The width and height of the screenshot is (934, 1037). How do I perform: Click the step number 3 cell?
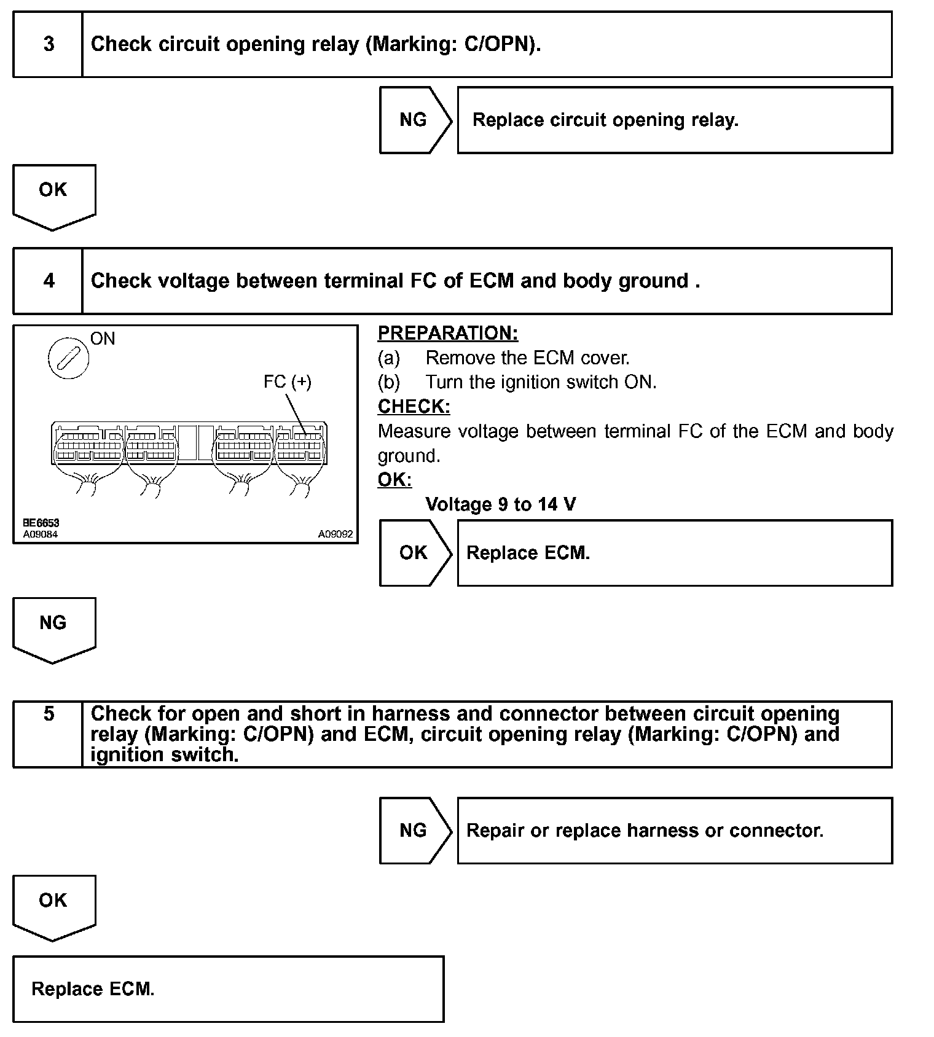(x=48, y=44)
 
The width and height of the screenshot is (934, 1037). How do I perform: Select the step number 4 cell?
(x=48, y=281)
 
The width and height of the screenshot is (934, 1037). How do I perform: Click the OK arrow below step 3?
(x=53, y=195)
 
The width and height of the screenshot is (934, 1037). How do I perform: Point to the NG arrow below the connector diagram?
(x=53, y=628)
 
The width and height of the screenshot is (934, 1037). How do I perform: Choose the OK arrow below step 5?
(x=53, y=906)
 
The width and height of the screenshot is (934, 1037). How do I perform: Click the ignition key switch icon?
(x=68, y=358)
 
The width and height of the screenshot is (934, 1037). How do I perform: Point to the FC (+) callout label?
(x=287, y=382)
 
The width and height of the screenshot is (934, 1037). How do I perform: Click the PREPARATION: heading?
(x=447, y=334)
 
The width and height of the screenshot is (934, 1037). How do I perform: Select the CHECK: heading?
(x=414, y=407)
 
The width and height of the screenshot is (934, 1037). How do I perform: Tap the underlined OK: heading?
(x=394, y=480)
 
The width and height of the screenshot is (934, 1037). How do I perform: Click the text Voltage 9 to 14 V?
(x=500, y=505)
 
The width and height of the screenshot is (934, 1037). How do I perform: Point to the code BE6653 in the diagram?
(x=41, y=523)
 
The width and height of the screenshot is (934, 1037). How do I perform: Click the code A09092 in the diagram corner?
(x=335, y=534)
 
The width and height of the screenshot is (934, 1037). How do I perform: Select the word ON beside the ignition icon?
(x=103, y=338)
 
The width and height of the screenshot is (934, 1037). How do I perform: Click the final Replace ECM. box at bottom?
(x=228, y=989)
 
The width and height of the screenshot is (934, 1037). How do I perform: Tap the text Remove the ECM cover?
(x=527, y=358)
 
